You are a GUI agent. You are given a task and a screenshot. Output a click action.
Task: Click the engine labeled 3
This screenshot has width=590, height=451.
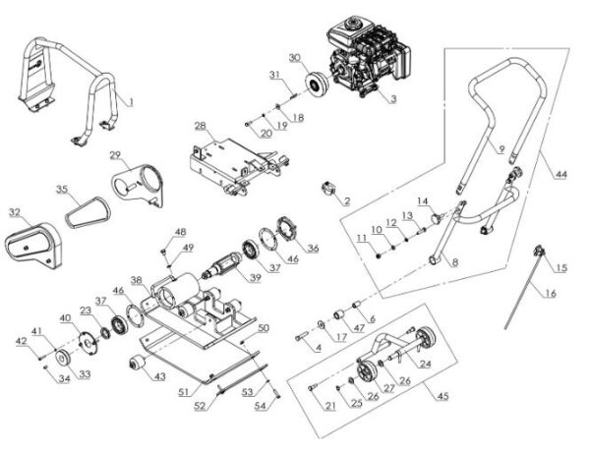[x=368, y=58]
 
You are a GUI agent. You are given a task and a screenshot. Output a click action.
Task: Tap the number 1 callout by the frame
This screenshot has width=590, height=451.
[x=135, y=99]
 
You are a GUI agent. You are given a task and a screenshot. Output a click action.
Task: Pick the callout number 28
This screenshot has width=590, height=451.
[x=200, y=126]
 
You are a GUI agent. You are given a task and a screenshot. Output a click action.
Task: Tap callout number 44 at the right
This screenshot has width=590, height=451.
[x=560, y=174]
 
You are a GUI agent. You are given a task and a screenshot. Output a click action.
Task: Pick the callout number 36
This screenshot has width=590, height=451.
[x=314, y=248]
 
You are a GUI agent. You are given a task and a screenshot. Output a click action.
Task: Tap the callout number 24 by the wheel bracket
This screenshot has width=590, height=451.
[x=426, y=364]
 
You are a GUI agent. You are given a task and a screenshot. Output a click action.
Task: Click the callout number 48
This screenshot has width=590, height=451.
[x=179, y=232]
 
